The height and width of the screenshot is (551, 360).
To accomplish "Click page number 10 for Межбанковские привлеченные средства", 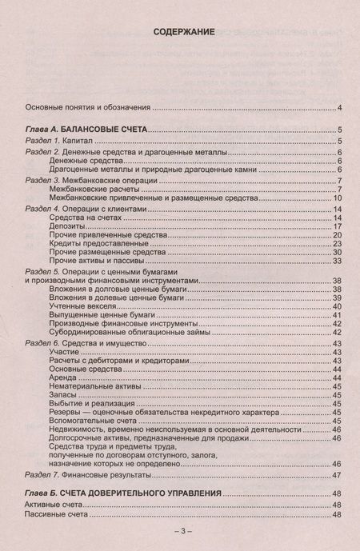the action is click(x=338, y=198).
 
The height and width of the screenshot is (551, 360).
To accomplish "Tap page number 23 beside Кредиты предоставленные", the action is click(x=338, y=245).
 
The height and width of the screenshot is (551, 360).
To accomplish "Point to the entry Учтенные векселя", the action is click(x=84, y=306).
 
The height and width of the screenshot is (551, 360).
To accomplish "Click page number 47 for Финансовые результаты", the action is click(x=338, y=476).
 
